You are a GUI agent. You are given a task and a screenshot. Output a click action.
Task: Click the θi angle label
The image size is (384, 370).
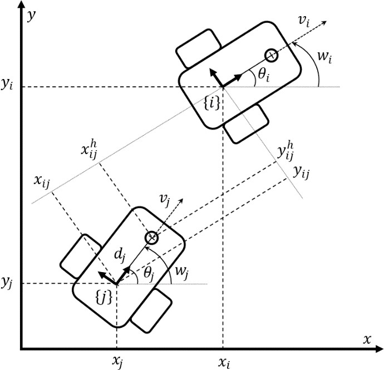(x=264, y=75)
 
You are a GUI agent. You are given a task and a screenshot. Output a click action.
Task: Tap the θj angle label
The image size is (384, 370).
(x=149, y=273)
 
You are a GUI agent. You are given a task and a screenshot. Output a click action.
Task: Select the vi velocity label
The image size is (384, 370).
(x=304, y=21)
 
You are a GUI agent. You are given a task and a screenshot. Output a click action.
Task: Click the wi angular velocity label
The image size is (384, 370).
(x=325, y=57)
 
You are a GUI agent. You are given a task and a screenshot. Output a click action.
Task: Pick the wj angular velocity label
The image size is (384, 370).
(x=182, y=272)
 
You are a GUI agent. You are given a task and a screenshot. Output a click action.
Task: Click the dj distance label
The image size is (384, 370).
(x=120, y=255)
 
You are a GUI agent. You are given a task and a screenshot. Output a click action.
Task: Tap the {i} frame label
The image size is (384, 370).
(x=211, y=103)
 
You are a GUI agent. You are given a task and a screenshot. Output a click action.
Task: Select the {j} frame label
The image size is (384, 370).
(x=104, y=298)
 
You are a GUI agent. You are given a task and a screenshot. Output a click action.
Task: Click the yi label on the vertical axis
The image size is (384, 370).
(x=7, y=85)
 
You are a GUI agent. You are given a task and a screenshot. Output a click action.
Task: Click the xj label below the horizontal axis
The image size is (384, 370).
(x=117, y=362)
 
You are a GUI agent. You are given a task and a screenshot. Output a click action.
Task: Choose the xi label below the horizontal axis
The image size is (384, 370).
(x=224, y=362)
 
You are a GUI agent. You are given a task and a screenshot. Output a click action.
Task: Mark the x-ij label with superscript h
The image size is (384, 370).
(x=89, y=149)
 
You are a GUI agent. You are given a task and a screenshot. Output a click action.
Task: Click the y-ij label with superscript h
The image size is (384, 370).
(x=285, y=151)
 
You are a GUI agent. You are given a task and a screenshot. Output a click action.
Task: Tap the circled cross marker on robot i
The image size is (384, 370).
(x=272, y=56)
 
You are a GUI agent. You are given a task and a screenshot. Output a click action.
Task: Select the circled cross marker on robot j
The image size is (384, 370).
(x=151, y=238)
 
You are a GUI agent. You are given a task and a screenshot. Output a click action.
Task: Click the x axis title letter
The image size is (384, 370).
(x=367, y=339)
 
